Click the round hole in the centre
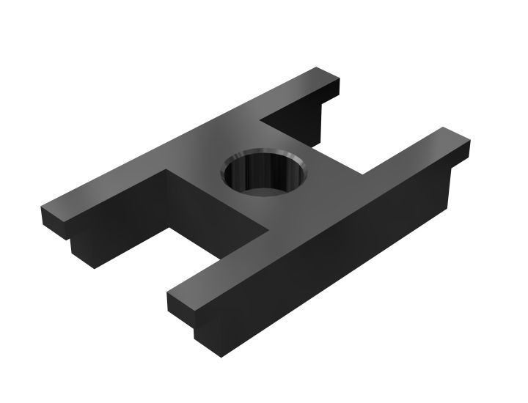[264, 176]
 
